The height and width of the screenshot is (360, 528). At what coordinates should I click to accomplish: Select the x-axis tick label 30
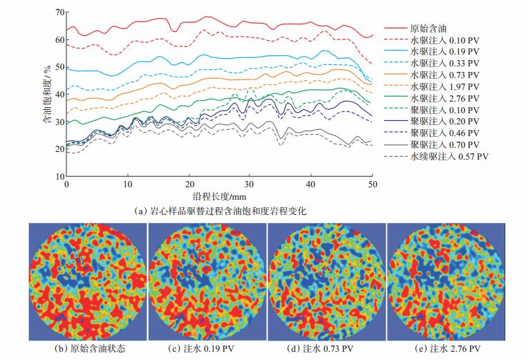tap(250, 185)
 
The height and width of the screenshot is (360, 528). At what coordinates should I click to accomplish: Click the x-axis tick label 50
tap(373, 185)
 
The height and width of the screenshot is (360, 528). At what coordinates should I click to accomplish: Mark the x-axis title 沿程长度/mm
tap(220, 198)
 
